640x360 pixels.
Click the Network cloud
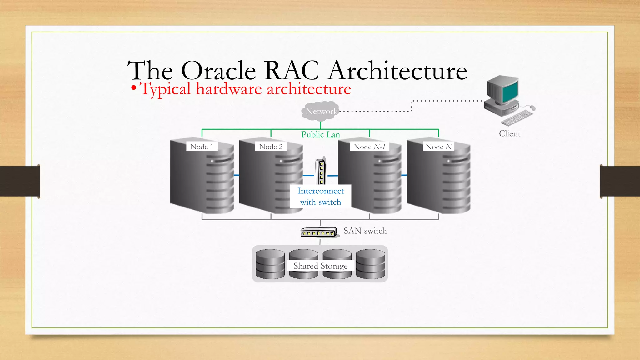pyautogui.click(x=320, y=111)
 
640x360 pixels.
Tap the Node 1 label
pyautogui.click(x=202, y=147)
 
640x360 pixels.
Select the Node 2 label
pyautogui.click(x=271, y=147)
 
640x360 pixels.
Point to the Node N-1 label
pyautogui.click(x=369, y=147)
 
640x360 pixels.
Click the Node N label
pyautogui.click(x=439, y=147)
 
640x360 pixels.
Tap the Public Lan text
pyautogui.click(x=321, y=134)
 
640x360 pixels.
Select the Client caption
pyautogui.click(x=510, y=133)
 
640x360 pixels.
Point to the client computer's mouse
pyautogui.click(x=532, y=108)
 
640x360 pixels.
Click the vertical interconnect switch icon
pyautogui.click(x=321, y=172)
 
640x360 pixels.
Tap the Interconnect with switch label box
pyautogui.click(x=321, y=196)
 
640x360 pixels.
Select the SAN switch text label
pyautogui.click(x=365, y=231)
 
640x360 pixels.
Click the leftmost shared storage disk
pyautogui.click(x=270, y=264)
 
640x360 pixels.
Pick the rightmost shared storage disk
pyautogui.click(x=371, y=264)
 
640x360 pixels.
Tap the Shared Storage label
pyautogui.click(x=321, y=266)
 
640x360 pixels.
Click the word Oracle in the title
pyautogui.click(x=218, y=71)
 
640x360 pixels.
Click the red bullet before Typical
pyautogui.click(x=134, y=88)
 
